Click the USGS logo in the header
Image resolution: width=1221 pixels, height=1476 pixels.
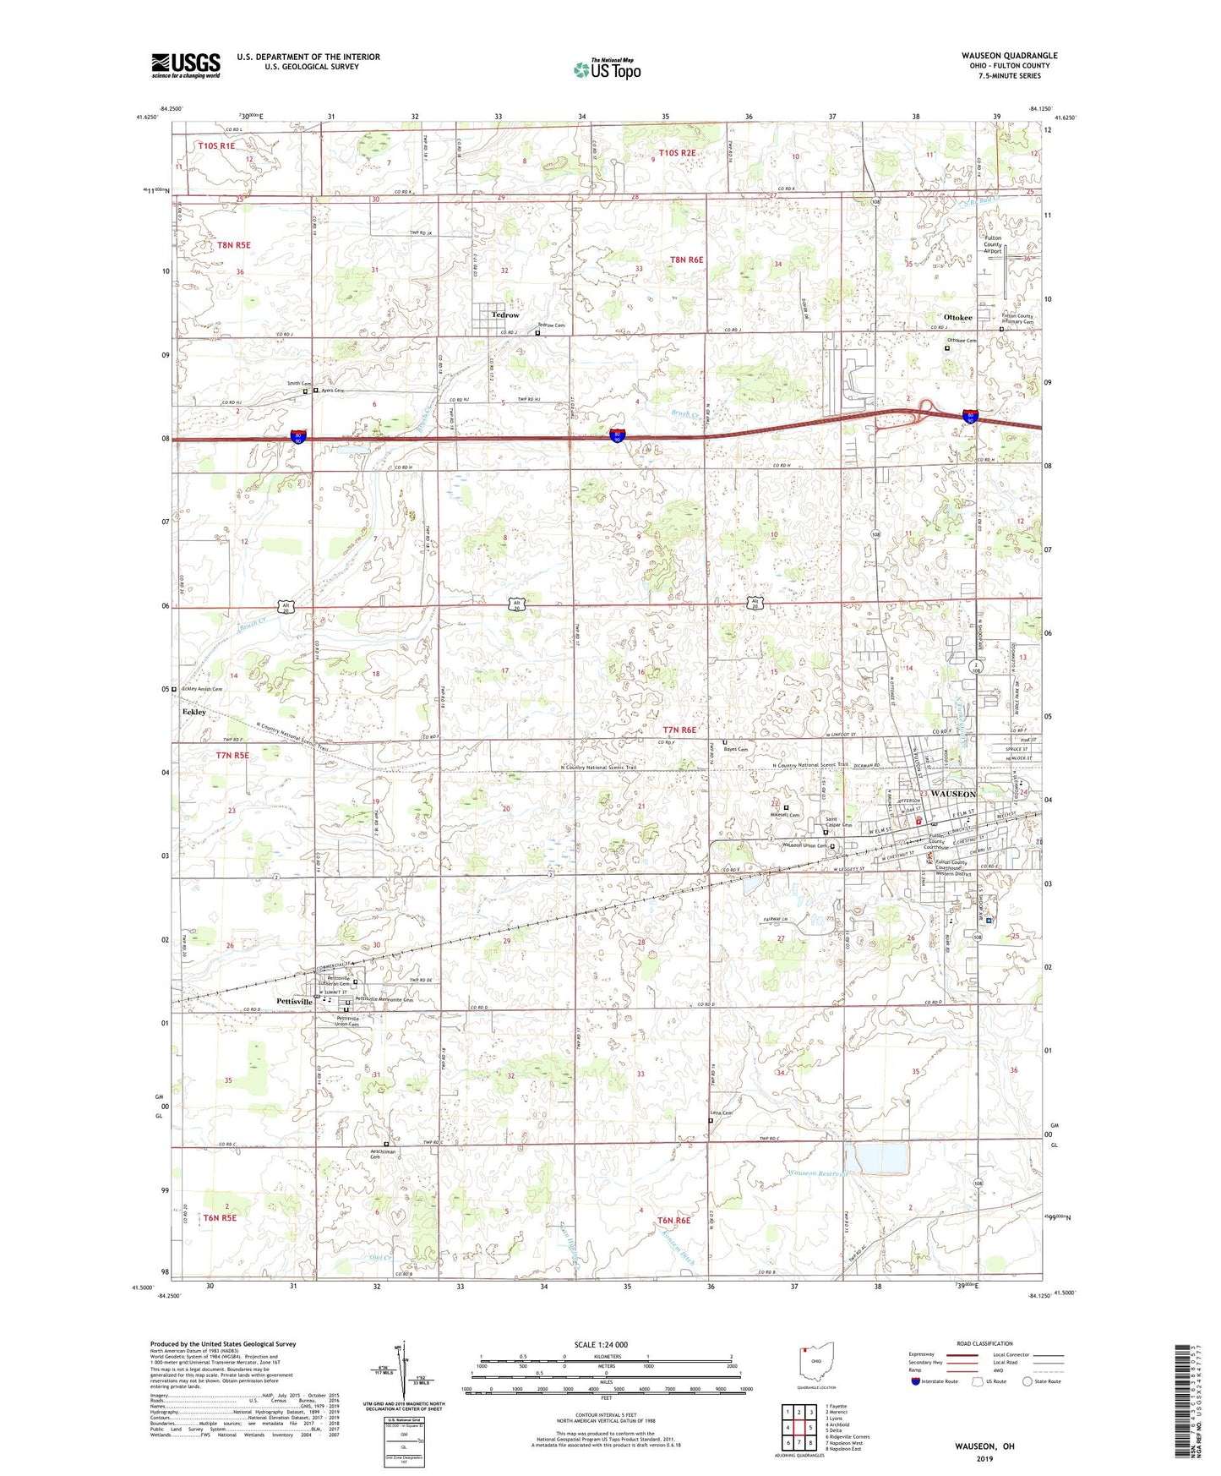click(x=185, y=65)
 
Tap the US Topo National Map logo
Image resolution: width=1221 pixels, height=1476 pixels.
click(x=607, y=69)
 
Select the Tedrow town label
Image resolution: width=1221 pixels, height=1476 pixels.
click(x=505, y=315)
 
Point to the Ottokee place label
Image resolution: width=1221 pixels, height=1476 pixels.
click(x=957, y=318)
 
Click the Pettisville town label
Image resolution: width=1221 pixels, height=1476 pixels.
click(x=294, y=1002)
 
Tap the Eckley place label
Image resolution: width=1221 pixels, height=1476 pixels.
click(x=194, y=712)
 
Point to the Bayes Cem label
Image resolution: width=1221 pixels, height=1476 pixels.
click(x=737, y=749)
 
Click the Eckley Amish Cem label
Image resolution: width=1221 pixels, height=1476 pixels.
click(x=200, y=689)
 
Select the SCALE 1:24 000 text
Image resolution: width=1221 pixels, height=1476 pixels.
click(x=601, y=1344)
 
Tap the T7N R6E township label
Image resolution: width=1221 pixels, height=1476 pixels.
click(x=680, y=730)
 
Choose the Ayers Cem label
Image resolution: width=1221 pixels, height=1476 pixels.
click(x=332, y=391)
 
